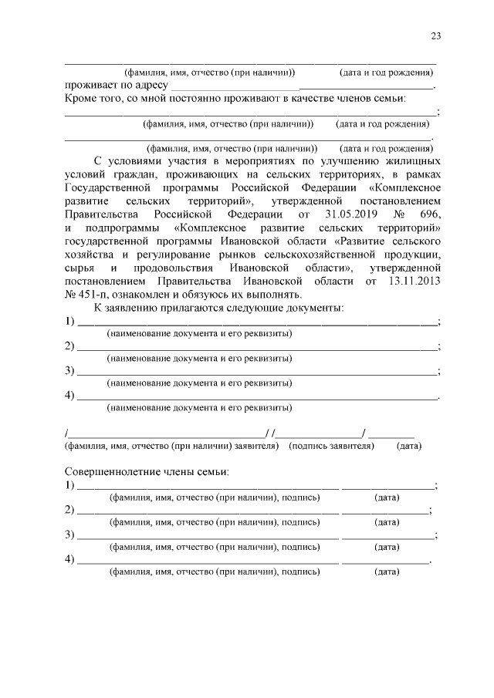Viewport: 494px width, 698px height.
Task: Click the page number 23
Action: click(436, 36)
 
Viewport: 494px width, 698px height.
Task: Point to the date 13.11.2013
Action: click(414, 281)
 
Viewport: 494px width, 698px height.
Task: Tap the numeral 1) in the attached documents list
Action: click(69, 321)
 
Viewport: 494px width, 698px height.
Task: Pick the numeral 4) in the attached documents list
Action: click(69, 395)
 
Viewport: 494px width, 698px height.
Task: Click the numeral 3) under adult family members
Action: click(69, 534)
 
